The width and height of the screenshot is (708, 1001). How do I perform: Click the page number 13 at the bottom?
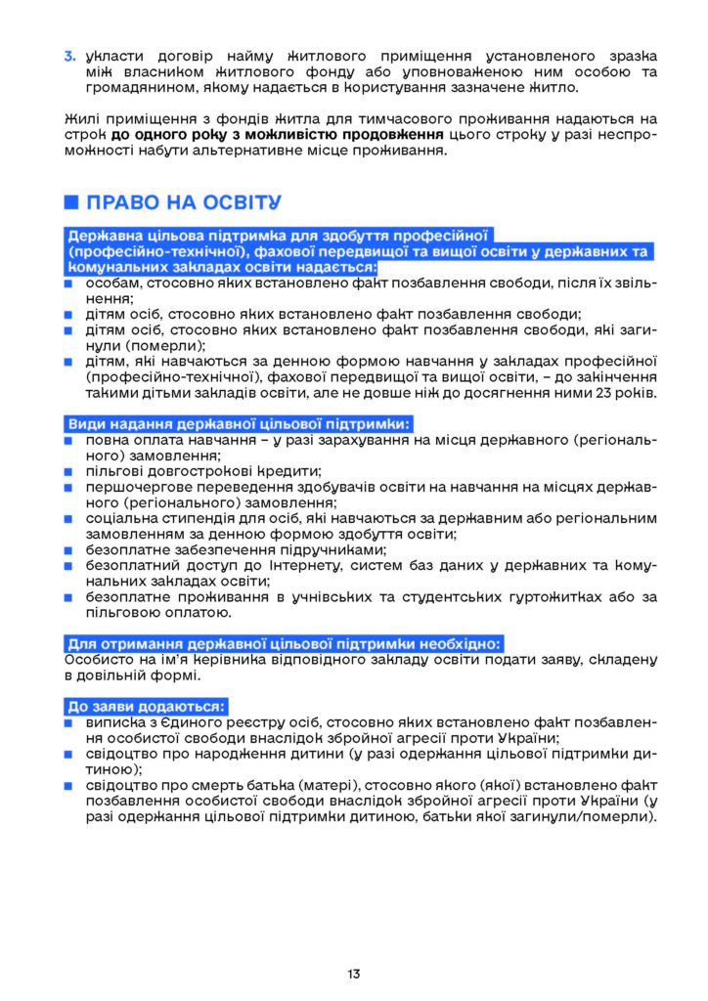[x=353, y=974]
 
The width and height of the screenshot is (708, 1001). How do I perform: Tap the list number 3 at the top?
[x=70, y=56]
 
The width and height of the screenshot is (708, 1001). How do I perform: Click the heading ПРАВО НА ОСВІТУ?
[x=184, y=203]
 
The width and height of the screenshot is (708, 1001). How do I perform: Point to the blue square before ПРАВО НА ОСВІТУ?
[x=70, y=203]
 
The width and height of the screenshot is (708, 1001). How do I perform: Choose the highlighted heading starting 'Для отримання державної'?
[x=285, y=643]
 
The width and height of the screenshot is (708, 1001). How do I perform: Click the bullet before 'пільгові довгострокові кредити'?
[x=69, y=471]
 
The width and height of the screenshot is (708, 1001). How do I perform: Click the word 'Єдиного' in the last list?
[x=187, y=722]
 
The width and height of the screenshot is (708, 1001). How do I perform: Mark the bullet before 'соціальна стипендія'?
[x=69, y=518]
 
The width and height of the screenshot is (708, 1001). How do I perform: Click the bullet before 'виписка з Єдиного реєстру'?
[x=69, y=722]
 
